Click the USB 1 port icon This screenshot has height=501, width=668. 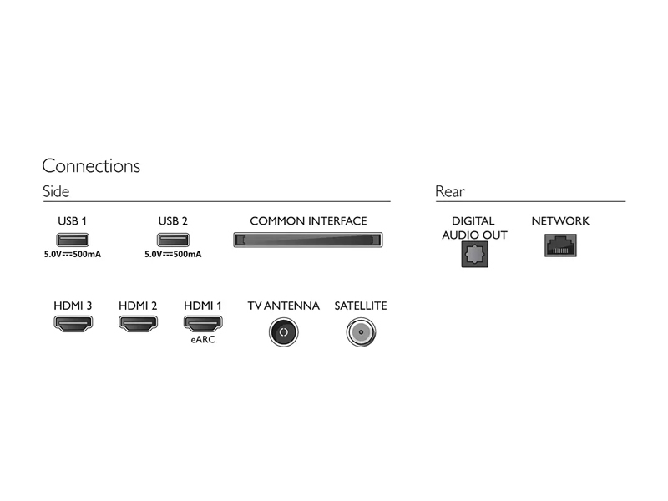[73, 240]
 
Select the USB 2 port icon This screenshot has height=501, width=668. [173, 240]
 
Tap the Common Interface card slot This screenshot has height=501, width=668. [308, 240]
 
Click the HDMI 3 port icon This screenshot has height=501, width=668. [73, 323]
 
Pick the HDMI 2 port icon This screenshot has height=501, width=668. [138, 323]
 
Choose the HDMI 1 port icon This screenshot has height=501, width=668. [203, 323]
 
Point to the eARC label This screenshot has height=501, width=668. [203, 340]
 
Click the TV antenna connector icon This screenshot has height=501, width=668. [284, 332]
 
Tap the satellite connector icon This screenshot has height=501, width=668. [361, 332]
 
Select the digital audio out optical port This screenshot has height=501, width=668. [474, 255]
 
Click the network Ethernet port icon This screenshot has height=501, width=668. [560, 245]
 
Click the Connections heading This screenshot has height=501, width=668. [91, 165]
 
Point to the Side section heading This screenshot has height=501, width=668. [56, 191]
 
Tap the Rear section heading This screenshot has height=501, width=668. [450, 191]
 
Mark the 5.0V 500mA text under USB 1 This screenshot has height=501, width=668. [73, 255]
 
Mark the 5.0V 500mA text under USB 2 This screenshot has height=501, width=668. [173, 255]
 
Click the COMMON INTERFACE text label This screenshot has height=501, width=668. [308, 221]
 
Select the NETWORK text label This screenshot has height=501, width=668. [560, 221]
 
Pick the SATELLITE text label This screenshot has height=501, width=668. [361, 306]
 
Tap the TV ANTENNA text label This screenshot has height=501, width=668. [284, 306]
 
